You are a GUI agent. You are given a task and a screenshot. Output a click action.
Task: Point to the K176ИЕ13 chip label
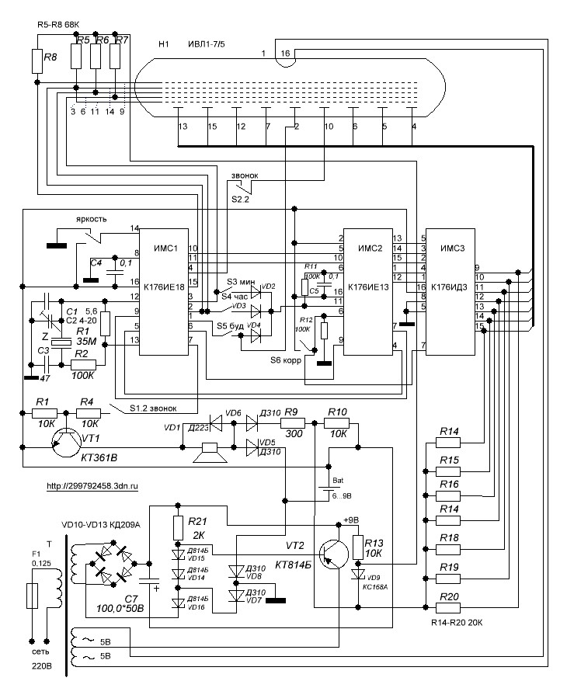tap(369, 288)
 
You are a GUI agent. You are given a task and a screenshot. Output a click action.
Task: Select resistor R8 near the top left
tap(36, 59)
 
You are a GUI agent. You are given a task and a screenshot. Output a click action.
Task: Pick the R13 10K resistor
tap(358, 547)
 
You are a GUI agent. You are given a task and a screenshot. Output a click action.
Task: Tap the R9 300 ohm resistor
tap(290, 424)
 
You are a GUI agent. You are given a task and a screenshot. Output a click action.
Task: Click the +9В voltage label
tap(352, 520)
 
